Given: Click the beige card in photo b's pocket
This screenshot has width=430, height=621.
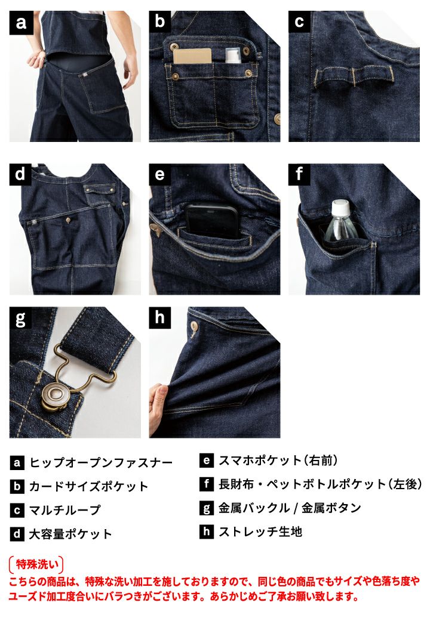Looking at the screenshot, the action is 192,56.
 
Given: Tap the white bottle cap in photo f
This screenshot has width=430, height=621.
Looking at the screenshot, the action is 340,208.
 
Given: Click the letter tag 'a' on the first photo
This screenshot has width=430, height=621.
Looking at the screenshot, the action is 21,22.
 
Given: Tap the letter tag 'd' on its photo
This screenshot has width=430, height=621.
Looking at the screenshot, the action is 20,174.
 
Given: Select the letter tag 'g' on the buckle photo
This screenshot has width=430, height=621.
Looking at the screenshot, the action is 20,318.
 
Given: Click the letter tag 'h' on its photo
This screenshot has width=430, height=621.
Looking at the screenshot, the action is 160,318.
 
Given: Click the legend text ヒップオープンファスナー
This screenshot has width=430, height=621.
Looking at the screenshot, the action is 101,462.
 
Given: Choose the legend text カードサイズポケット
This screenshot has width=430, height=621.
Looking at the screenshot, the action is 89,486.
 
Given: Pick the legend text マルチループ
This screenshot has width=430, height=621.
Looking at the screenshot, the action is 65,510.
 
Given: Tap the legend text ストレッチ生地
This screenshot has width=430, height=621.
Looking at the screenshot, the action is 260,532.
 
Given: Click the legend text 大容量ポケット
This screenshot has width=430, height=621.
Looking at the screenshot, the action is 70,534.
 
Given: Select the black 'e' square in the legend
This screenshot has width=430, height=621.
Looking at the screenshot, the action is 206,461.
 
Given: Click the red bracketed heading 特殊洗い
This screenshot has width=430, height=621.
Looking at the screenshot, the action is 36,564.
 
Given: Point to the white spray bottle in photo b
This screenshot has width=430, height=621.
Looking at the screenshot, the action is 231,55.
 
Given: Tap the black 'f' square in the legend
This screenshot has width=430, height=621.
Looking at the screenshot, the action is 206,484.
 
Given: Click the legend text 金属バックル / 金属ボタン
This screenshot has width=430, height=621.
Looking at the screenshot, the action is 290,508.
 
